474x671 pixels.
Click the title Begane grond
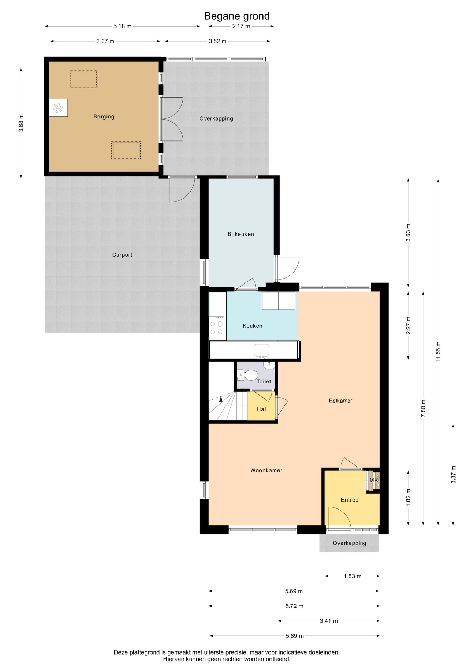tap(237, 16)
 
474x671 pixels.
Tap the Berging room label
tap(104, 117)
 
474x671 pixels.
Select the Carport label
tap(122, 255)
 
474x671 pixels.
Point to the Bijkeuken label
tap(241, 234)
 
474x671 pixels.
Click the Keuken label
tap(252, 326)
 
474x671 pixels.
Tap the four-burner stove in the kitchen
tap(217, 326)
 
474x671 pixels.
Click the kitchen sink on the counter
tap(261, 351)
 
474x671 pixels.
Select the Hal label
tap(261, 409)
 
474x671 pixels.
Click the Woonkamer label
tap(266, 471)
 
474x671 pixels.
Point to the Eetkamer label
tap(341, 401)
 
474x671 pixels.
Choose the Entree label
tap(350, 500)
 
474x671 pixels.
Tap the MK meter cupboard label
tap(374, 480)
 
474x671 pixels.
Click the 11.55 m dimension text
tap(438, 352)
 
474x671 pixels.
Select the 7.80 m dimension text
tap(423, 408)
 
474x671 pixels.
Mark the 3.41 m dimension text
tap(329, 621)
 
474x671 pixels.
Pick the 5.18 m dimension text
tap(123, 26)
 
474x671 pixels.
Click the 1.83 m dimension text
tap(353, 576)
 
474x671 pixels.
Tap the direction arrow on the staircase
tap(221, 399)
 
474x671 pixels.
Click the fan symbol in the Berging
tap(58, 108)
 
